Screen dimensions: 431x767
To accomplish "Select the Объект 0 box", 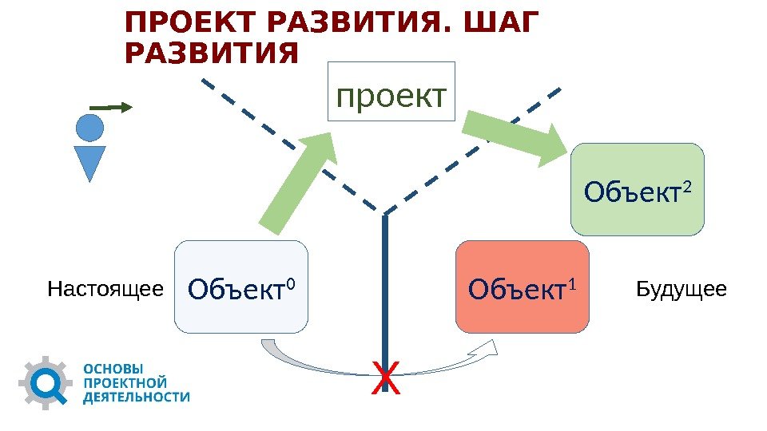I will pos(240,287).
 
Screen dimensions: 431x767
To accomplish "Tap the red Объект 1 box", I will pos(522,287).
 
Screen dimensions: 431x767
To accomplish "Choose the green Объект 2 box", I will pos(637,189).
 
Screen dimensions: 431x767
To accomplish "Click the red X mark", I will pos(385,378).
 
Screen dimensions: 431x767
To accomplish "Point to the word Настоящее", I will pos(105,288).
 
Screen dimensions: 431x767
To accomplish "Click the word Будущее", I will pos(682,288).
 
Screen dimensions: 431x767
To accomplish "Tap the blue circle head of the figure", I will pos(89,128).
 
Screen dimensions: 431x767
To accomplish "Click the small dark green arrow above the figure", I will pos(109,106).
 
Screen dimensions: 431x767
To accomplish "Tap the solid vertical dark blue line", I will pos(385,295).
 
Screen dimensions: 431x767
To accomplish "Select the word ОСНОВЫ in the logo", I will pos(114,370).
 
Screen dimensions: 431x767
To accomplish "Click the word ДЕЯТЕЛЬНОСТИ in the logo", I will pos(137,397).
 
